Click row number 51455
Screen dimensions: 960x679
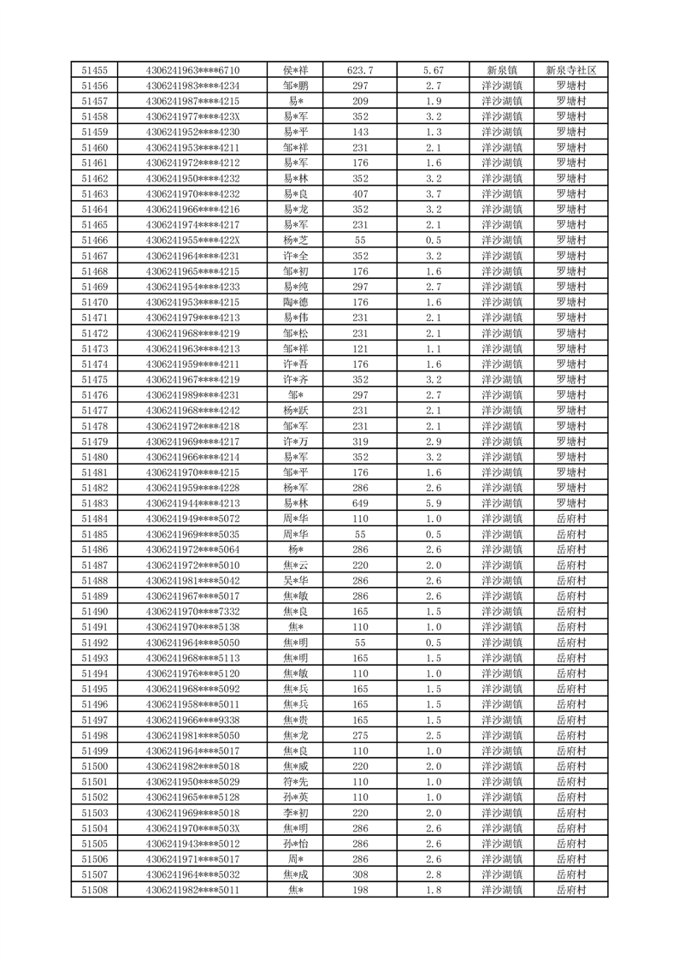(94, 70)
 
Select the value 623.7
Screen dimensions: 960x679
(360, 70)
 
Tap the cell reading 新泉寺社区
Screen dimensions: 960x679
(570, 70)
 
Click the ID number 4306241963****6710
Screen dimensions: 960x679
(192, 70)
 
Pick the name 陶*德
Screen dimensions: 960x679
(295, 302)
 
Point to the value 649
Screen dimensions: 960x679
(360, 503)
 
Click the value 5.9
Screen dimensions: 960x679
(433, 503)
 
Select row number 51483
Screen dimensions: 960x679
(94, 503)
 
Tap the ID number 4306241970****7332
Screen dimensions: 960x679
(192, 612)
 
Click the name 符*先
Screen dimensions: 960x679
(295, 782)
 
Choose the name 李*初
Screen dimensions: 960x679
(295, 813)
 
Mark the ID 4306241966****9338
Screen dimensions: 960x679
(192, 720)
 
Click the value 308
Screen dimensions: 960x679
(360, 874)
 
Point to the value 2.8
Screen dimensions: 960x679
(433, 874)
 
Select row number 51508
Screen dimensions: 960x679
(94, 890)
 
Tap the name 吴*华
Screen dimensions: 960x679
(295, 581)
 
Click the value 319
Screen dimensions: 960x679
(360, 441)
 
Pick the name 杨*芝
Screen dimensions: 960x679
(295, 240)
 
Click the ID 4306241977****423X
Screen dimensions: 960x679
(192, 116)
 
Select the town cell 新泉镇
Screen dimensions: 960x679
(501, 70)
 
